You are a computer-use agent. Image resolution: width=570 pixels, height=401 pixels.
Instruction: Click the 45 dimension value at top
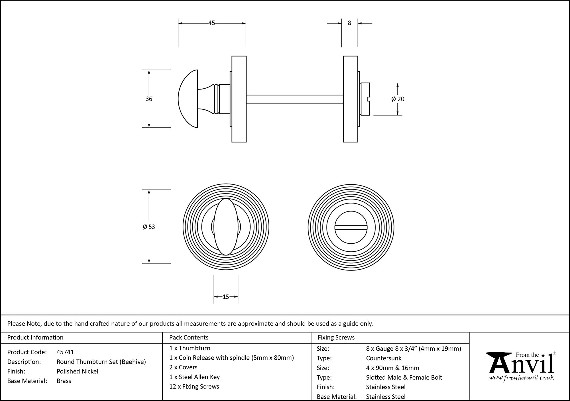(x=211, y=23)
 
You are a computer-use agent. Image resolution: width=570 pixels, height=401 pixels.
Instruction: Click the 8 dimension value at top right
(x=350, y=23)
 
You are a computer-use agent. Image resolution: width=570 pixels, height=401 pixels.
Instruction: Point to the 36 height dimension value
(x=149, y=99)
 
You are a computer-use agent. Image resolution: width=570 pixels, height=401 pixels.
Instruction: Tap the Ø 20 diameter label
(x=398, y=99)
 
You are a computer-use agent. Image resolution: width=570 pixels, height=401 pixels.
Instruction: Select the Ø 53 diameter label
(x=149, y=227)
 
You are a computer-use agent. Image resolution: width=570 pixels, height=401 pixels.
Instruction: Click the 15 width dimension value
(x=226, y=297)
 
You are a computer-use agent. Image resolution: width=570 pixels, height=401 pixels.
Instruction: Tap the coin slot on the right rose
(x=351, y=227)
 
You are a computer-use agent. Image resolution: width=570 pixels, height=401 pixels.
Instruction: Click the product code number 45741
(x=65, y=352)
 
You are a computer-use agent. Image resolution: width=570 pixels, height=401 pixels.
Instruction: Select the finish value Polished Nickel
(x=78, y=371)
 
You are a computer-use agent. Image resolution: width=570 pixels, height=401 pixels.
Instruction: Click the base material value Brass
(x=64, y=381)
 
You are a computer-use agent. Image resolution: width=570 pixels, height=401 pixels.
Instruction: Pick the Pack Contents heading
(x=189, y=337)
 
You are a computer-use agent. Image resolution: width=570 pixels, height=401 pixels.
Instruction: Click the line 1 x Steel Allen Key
(x=194, y=377)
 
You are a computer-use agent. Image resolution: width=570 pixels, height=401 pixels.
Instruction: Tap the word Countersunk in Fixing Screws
(x=384, y=358)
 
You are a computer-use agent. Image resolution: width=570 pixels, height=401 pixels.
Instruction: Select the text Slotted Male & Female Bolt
(x=404, y=378)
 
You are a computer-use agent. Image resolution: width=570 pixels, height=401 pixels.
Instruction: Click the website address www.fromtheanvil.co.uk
(x=521, y=378)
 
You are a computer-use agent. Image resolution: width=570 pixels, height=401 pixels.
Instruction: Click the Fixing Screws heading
(x=336, y=337)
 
